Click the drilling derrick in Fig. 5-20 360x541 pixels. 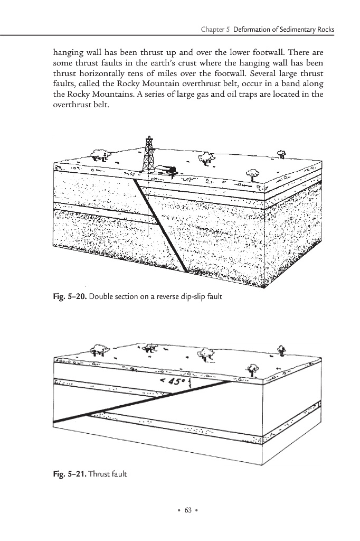149,153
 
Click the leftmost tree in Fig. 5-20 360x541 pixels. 99,154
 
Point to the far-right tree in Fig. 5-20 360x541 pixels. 282,154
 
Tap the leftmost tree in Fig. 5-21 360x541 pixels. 97,349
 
